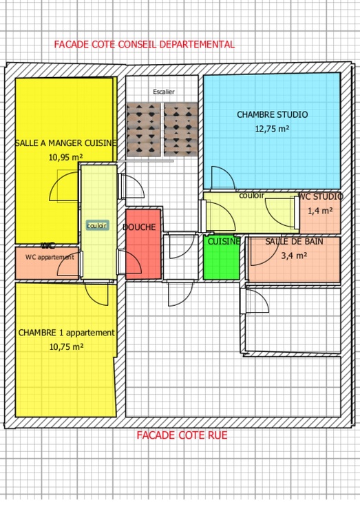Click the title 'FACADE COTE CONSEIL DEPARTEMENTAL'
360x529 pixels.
[145, 44]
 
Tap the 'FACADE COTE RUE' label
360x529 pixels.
[182, 435]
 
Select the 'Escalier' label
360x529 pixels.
[164, 92]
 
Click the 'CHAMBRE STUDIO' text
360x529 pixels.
[272, 115]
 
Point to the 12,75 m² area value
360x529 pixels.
[272, 128]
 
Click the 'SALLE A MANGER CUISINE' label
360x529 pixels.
[65, 143]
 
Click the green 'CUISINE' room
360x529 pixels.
[222, 258]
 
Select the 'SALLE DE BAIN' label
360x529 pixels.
[294, 242]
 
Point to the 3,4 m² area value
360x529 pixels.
[295, 255]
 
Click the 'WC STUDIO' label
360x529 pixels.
[320, 197]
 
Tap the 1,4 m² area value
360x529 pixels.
[320, 211]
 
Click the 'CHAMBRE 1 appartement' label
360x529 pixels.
[66, 333]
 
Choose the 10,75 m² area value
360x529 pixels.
[66, 347]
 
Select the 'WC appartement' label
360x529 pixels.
[50, 257]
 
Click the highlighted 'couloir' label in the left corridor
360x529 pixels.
[97, 225]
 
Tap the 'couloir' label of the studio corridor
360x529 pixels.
[251, 196]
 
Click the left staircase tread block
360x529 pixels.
[144, 129]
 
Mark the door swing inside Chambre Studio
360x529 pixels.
[222, 178]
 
